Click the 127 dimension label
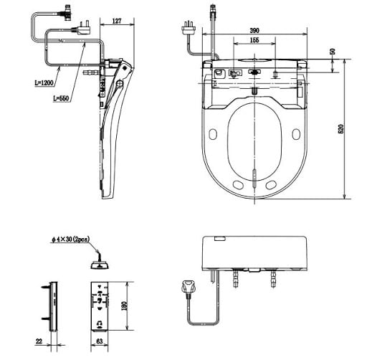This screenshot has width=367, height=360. click(117, 21)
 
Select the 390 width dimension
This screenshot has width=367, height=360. click(254, 31)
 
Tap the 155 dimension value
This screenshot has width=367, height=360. click(254, 40)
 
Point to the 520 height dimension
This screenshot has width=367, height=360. click(341, 129)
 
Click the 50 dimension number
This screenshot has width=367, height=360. click(333, 52)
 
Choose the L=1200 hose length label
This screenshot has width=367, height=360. click(44, 83)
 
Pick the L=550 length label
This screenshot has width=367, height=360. click(61, 98)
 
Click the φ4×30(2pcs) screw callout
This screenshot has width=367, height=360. click(71, 240)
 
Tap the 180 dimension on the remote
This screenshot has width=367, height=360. click(124, 305)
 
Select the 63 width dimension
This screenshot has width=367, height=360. click(99, 341)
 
